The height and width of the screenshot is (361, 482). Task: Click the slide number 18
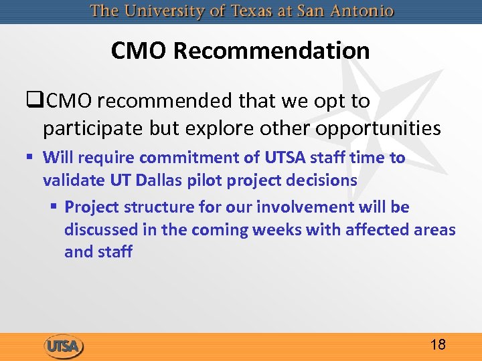click(x=438, y=345)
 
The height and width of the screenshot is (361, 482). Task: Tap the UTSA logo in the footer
click(x=64, y=347)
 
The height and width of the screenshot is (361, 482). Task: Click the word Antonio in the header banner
click(x=364, y=11)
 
